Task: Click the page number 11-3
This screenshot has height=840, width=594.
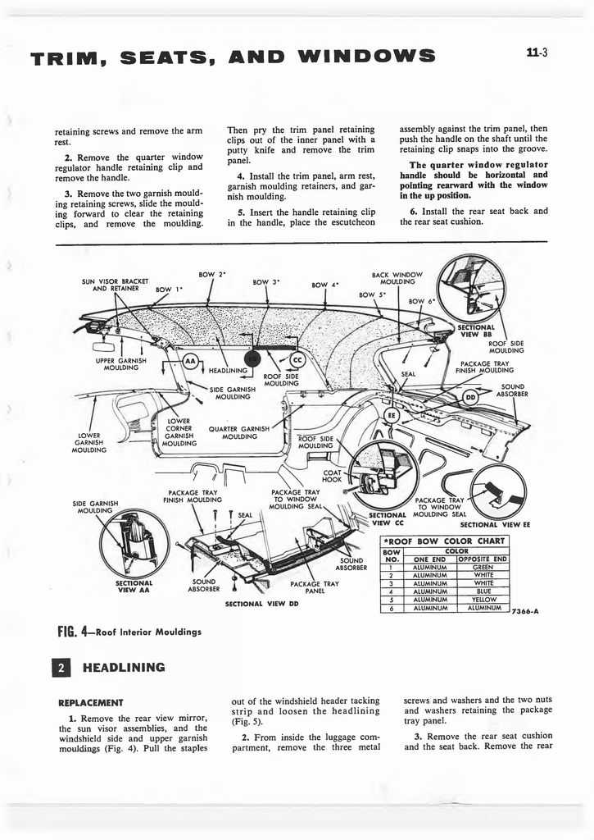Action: pyautogui.click(x=537, y=54)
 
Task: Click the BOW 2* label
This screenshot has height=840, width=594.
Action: pyautogui.click(x=211, y=274)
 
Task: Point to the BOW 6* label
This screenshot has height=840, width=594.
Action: pyautogui.click(x=422, y=301)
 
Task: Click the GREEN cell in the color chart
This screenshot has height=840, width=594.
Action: pyautogui.click(x=483, y=567)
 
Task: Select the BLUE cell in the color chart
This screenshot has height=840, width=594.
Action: pyautogui.click(x=483, y=591)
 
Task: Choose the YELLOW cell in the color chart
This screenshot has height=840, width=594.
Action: pyautogui.click(x=483, y=599)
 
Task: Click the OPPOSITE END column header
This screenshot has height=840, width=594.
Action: pyautogui.click(x=483, y=559)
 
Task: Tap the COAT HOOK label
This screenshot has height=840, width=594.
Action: pyautogui.click(x=333, y=476)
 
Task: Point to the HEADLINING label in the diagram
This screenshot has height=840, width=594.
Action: pyautogui.click(x=228, y=369)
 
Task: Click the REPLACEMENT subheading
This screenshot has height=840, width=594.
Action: pyautogui.click(x=90, y=703)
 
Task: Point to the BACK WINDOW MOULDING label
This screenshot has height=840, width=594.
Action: pyautogui.click(x=397, y=278)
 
